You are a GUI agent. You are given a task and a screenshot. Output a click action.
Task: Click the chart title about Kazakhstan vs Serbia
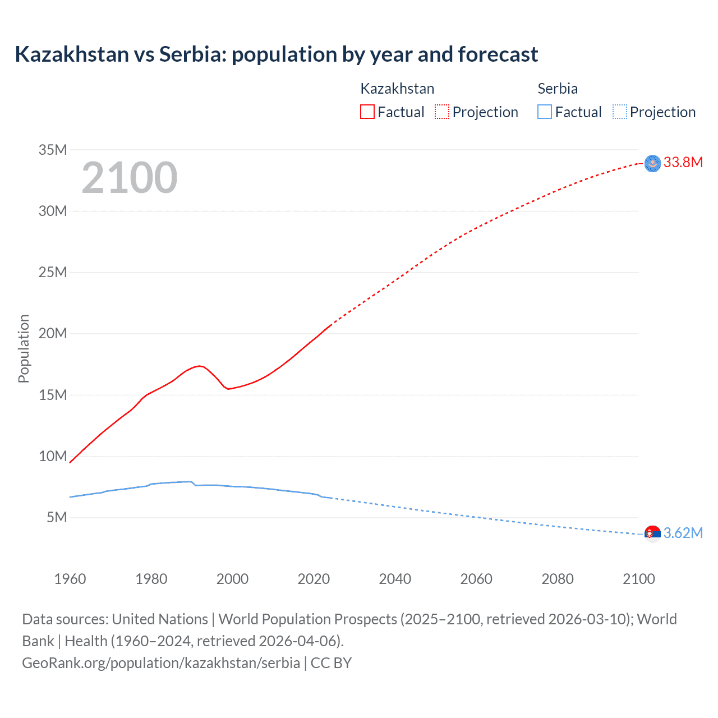click(276, 54)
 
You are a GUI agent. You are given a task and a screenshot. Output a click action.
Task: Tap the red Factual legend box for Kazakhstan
click(367, 112)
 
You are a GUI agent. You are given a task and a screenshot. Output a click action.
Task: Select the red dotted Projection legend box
click(442, 112)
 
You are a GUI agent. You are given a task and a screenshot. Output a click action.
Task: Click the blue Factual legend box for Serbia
click(544, 112)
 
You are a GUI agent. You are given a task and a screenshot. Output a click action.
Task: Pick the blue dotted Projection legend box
click(619, 112)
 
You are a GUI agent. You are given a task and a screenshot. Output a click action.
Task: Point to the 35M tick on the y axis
click(53, 150)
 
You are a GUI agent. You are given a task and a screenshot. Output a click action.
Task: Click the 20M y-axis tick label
click(53, 333)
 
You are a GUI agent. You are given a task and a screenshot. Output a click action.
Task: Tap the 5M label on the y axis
click(56, 517)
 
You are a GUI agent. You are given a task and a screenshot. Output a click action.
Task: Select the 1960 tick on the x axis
click(70, 579)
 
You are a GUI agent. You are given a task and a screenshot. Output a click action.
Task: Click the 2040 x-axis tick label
click(395, 579)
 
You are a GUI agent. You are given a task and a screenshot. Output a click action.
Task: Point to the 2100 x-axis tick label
click(638, 579)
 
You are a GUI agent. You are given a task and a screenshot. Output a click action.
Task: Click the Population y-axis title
click(24, 348)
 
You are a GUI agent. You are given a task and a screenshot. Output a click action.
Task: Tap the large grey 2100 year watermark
click(130, 178)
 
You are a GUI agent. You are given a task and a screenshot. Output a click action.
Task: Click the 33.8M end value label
click(683, 163)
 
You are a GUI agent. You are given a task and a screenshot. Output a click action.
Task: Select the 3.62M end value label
click(683, 533)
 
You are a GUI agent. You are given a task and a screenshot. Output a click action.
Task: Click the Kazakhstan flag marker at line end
click(652, 163)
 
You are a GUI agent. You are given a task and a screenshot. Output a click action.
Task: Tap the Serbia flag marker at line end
click(652, 533)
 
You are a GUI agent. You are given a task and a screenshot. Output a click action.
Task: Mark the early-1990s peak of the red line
click(199, 366)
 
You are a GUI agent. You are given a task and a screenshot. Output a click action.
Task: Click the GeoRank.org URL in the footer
click(161, 663)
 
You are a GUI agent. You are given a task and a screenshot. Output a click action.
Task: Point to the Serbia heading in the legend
click(557, 89)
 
